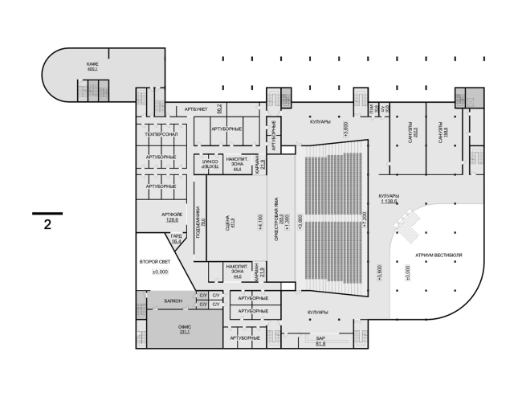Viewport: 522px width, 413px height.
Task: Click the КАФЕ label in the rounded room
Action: tap(92, 63)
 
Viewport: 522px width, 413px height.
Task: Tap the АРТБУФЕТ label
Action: tap(197, 108)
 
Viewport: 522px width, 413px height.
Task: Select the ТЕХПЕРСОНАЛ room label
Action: tap(161, 134)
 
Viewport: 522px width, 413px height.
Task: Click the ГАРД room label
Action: tap(176, 236)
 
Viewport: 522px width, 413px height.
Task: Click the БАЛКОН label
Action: tap(173, 301)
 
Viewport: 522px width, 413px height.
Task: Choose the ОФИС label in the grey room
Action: tap(183, 328)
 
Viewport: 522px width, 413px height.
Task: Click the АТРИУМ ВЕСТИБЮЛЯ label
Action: tap(438, 255)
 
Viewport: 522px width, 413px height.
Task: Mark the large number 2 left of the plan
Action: tap(47, 224)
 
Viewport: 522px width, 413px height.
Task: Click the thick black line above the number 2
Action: tap(47, 213)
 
